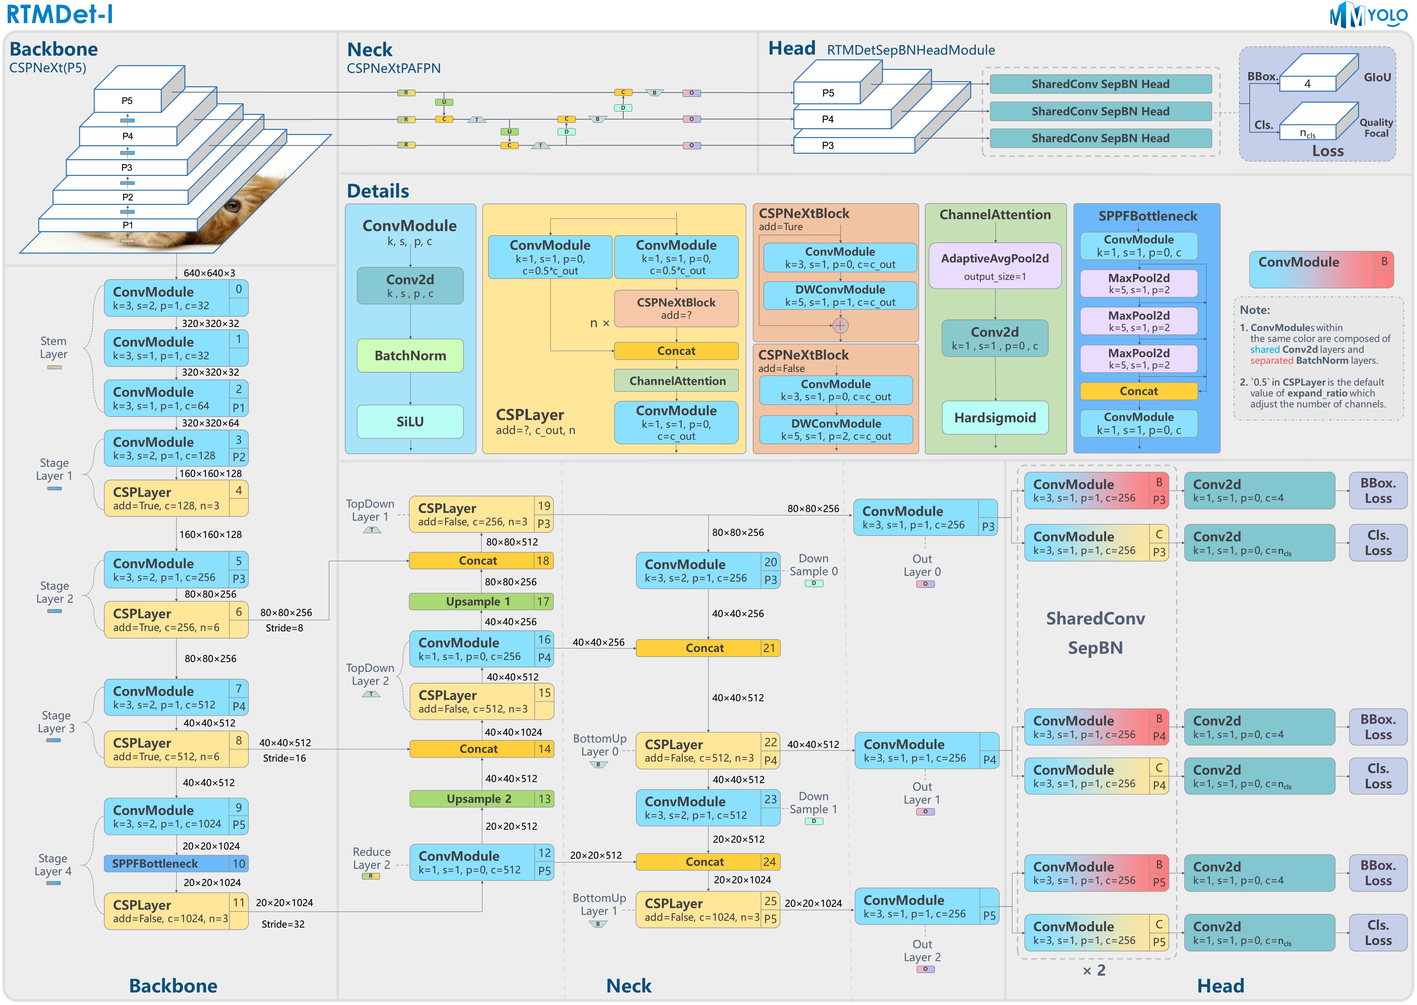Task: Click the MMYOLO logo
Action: [x=1368, y=15]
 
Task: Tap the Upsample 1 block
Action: [x=481, y=601]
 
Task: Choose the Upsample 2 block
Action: [x=481, y=799]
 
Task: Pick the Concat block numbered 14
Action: [x=481, y=749]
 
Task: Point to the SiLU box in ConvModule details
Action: [x=410, y=421]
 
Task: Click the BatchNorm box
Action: [x=410, y=355]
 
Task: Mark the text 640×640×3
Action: [x=209, y=273]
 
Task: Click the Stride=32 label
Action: [x=283, y=924]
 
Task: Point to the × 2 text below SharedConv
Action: [x=1094, y=970]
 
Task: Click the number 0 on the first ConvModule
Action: [x=239, y=289]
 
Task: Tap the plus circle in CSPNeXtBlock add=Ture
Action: [x=840, y=326]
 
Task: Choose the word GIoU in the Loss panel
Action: [x=1377, y=77]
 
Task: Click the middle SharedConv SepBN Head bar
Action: [x=1100, y=111]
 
